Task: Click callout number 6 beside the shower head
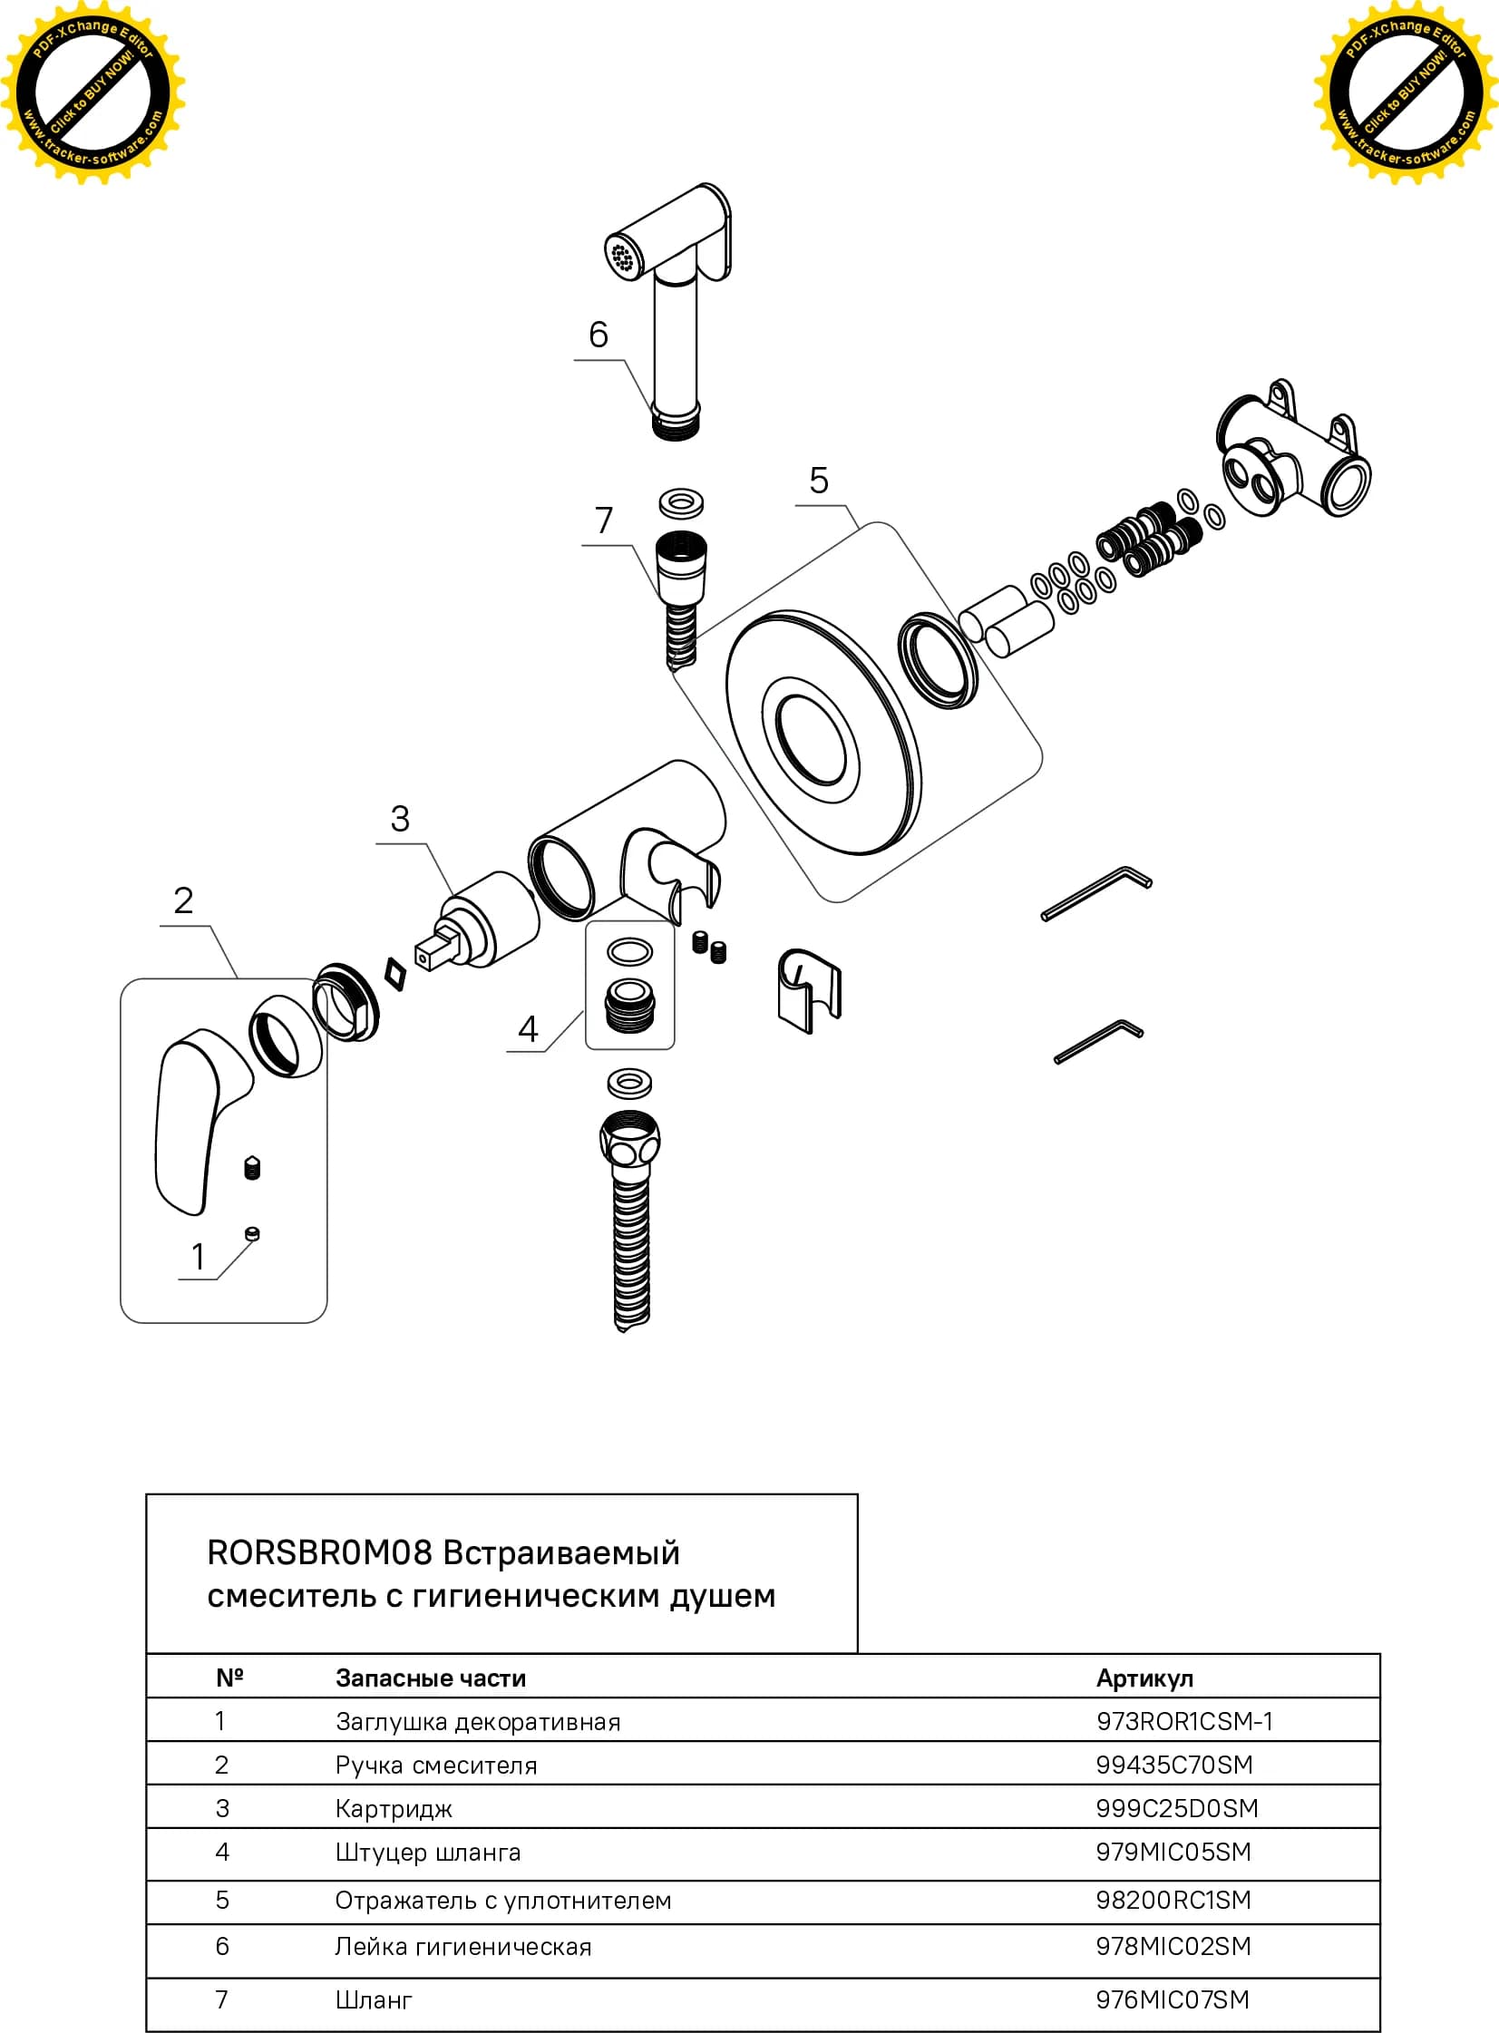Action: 598,335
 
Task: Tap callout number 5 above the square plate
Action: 819,480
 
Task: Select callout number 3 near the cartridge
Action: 399,818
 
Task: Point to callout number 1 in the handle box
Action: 198,1257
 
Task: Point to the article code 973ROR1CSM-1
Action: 1184,1721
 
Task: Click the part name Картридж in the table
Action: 394,1809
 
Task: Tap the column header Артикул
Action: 1144,1678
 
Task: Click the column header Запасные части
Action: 431,1678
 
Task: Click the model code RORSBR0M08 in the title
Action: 319,1553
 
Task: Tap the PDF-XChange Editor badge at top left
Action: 92,93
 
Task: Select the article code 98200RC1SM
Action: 1173,1900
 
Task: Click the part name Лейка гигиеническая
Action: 462,1947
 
